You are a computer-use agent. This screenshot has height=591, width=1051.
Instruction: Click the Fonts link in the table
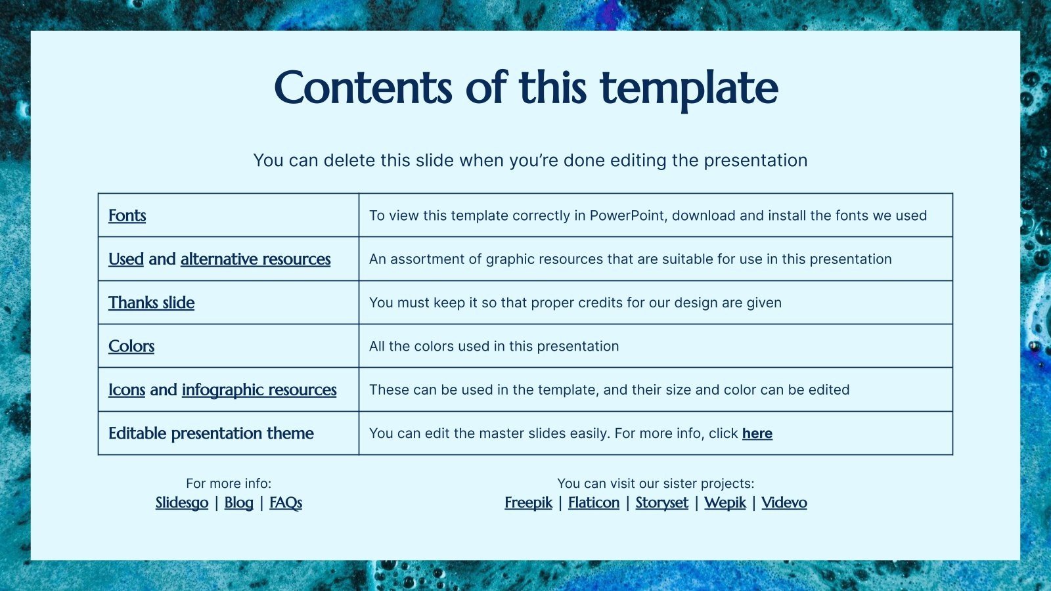pyautogui.click(x=127, y=215)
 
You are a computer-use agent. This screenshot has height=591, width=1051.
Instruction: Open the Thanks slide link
pyautogui.click(x=151, y=303)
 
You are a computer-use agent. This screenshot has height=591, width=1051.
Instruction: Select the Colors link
pyautogui.click(x=131, y=346)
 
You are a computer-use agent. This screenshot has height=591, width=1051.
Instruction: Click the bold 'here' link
pyautogui.click(x=757, y=433)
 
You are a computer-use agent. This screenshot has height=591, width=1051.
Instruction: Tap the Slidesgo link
pyautogui.click(x=182, y=503)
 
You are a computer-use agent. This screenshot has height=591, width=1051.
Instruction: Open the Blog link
pyautogui.click(x=238, y=503)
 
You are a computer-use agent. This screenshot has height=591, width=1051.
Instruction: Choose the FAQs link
pyautogui.click(x=286, y=503)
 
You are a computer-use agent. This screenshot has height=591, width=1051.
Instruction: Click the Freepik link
pyautogui.click(x=528, y=503)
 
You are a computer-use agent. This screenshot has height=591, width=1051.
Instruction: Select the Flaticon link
pyautogui.click(x=594, y=503)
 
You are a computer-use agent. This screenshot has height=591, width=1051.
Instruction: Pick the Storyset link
pyautogui.click(x=661, y=503)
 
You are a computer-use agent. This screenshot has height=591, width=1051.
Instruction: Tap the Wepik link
pyautogui.click(x=725, y=503)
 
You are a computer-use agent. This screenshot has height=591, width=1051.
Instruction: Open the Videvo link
pyautogui.click(x=784, y=503)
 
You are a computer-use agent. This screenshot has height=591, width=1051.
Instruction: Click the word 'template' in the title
pyautogui.click(x=688, y=89)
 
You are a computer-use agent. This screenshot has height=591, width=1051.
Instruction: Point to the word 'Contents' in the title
pyautogui.click(x=363, y=89)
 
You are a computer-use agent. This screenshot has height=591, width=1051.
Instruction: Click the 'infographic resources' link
pyautogui.click(x=259, y=390)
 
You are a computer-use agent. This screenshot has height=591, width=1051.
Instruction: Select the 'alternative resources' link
pyautogui.click(x=256, y=259)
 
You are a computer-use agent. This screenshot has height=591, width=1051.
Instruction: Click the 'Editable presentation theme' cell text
pyautogui.click(x=211, y=433)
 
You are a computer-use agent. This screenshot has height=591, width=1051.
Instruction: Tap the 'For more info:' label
pyautogui.click(x=229, y=483)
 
